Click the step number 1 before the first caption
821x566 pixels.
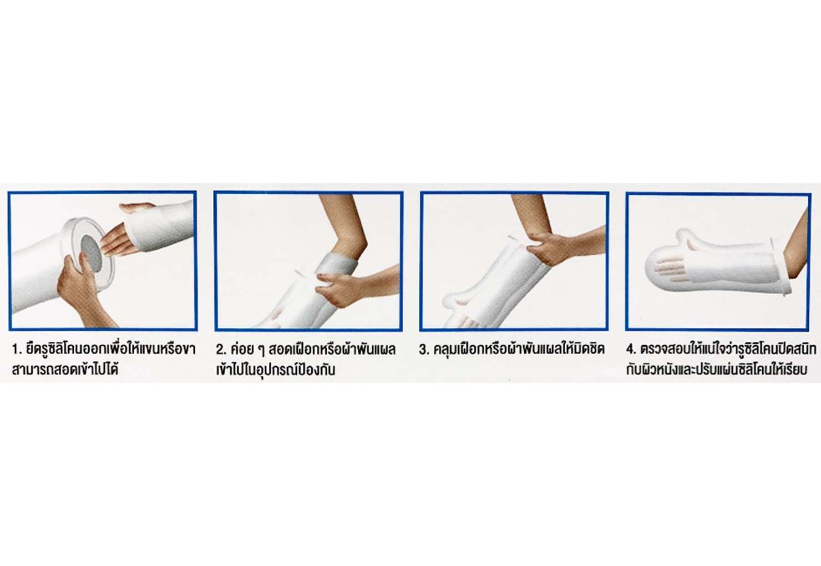pyautogui.click(x=16, y=350)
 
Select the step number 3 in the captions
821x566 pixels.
pyautogui.click(x=424, y=350)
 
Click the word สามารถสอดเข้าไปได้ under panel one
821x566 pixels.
pyautogui.click(x=65, y=370)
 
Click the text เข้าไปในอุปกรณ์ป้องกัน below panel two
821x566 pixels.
pyautogui.click(x=276, y=370)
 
